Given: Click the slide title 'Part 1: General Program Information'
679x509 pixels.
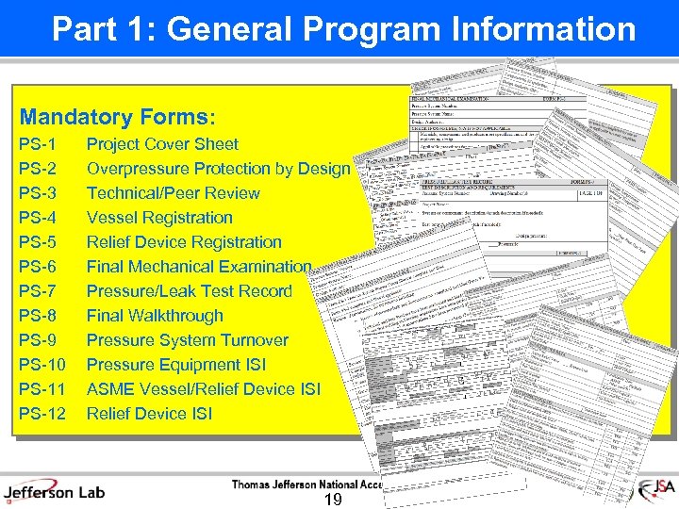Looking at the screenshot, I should pyautogui.click(x=343, y=29).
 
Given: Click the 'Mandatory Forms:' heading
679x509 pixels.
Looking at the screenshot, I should pyautogui.click(x=118, y=118).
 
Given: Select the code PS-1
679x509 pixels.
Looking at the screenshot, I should pyautogui.click(x=38, y=144).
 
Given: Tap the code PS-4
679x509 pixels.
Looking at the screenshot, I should pyautogui.click(x=38, y=218).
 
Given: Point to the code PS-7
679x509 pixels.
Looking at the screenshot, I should pyautogui.click(x=38, y=291).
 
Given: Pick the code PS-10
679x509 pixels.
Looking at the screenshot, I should pyautogui.click(x=41, y=365).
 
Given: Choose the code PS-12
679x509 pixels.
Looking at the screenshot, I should pyautogui.click(x=41, y=414).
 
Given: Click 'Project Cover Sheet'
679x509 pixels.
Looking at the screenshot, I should pyautogui.click(x=162, y=144).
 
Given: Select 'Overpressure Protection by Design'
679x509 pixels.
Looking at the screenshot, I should pyautogui.click(x=218, y=169).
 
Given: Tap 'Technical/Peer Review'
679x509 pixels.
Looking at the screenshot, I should pyautogui.click(x=173, y=193).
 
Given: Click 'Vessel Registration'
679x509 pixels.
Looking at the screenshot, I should pyautogui.click(x=159, y=218).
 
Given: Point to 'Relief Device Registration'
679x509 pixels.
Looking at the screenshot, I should pyautogui.click(x=184, y=242).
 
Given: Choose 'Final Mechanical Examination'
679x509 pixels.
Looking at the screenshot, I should pyautogui.click(x=199, y=267).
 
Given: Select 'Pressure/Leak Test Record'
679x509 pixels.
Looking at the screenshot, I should pyautogui.click(x=190, y=291).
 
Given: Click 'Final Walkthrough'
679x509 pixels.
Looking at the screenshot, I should pyautogui.click(x=155, y=316).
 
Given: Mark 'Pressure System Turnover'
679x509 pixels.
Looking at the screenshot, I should pyautogui.click(x=188, y=340).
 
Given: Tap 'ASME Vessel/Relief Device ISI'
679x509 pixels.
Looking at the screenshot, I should pyautogui.click(x=204, y=389).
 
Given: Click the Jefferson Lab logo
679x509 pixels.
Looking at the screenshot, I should pyautogui.click(x=54, y=490).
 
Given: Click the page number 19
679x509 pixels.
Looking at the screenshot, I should pyautogui.click(x=332, y=499).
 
